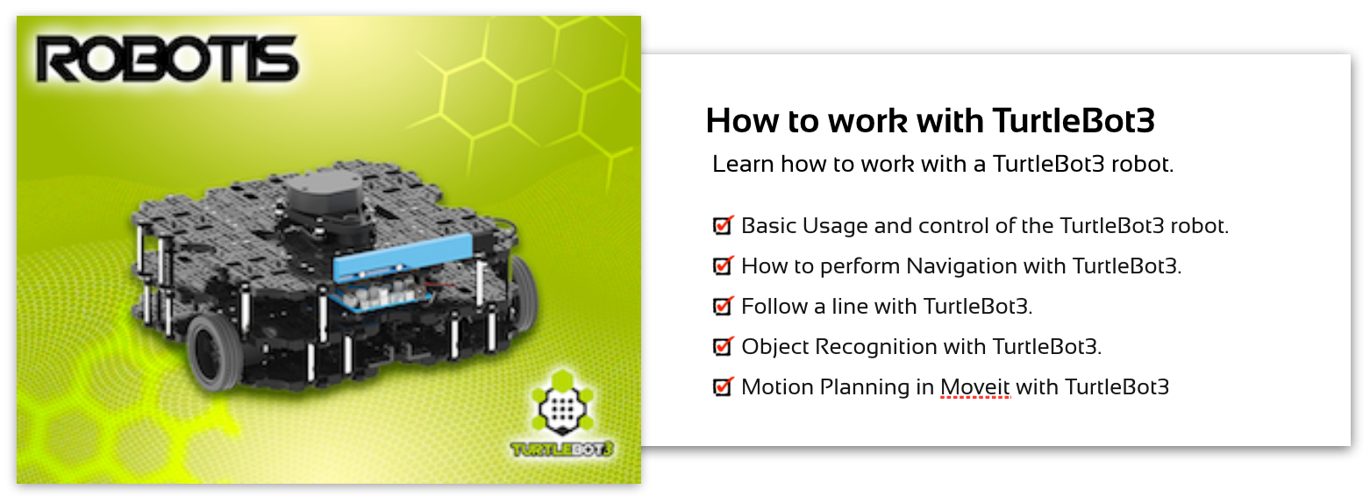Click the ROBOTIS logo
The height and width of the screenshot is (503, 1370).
point(167,59)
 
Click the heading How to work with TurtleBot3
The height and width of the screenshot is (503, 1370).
point(931,120)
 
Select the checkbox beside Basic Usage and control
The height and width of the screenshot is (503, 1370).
point(723,225)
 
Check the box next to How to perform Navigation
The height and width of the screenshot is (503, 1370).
point(723,266)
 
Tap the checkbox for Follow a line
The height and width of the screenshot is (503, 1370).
point(723,306)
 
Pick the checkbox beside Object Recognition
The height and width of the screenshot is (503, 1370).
point(723,346)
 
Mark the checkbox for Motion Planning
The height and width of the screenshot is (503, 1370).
point(723,386)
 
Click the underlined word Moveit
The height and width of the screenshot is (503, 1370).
point(975,387)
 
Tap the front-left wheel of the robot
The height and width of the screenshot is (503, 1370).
point(214,353)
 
